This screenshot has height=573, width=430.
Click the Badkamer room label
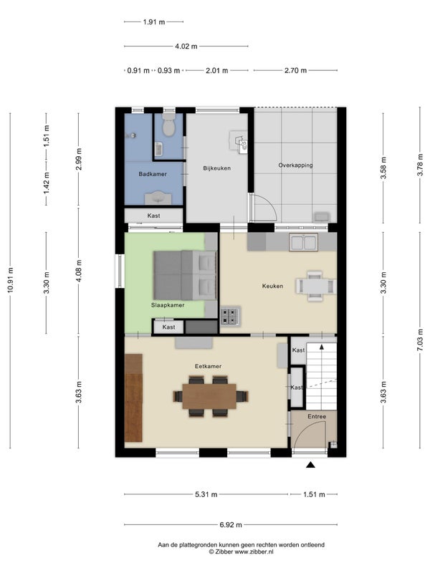coord(153,174)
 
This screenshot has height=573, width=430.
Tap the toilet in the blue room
coord(168,125)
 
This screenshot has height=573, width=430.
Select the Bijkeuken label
coord(217,168)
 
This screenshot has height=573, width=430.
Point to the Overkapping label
coord(295,165)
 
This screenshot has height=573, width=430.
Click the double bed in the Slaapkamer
coord(185,275)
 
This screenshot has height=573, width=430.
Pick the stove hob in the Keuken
coord(229,317)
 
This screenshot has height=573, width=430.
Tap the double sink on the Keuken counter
coord(303,243)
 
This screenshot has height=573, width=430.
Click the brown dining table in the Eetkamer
coord(209,396)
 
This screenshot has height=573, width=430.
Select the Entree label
coord(317,416)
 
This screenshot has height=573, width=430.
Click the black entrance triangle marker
coord(310,465)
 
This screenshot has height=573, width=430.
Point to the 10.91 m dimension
coord(10,280)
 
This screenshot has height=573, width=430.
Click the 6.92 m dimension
coord(231,525)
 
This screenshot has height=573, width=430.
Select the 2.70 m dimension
coord(295,70)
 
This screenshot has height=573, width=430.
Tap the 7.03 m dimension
coord(420,339)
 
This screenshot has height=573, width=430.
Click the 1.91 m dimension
coord(154,22)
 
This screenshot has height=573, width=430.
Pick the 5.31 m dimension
coord(206,494)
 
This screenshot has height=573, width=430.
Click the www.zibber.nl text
coord(254,552)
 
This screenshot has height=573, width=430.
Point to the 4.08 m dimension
coord(79,271)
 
